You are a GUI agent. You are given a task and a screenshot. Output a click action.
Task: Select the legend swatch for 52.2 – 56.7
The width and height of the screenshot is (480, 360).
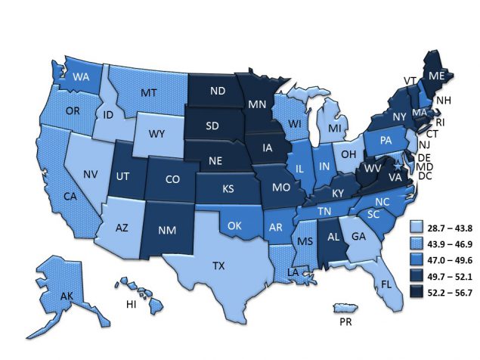point(415,293)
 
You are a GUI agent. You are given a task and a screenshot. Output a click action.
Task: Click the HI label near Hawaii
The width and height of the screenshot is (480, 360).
point(130,303)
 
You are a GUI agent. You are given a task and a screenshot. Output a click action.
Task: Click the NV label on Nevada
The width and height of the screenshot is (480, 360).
point(90,175)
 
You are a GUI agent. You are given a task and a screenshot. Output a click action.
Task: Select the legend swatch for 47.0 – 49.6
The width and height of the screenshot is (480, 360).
point(415,259)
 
